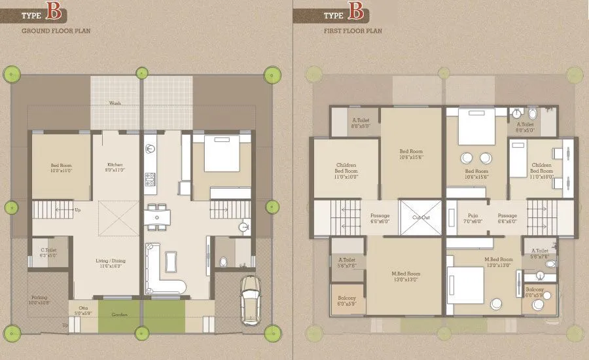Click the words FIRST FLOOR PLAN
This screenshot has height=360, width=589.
[x=351, y=30]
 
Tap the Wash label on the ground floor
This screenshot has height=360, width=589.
[x=115, y=103]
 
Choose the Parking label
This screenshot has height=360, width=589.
[x=39, y=300]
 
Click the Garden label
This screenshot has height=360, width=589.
[x=119, y=315]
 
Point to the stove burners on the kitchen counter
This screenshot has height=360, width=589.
[x=150, y=178]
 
